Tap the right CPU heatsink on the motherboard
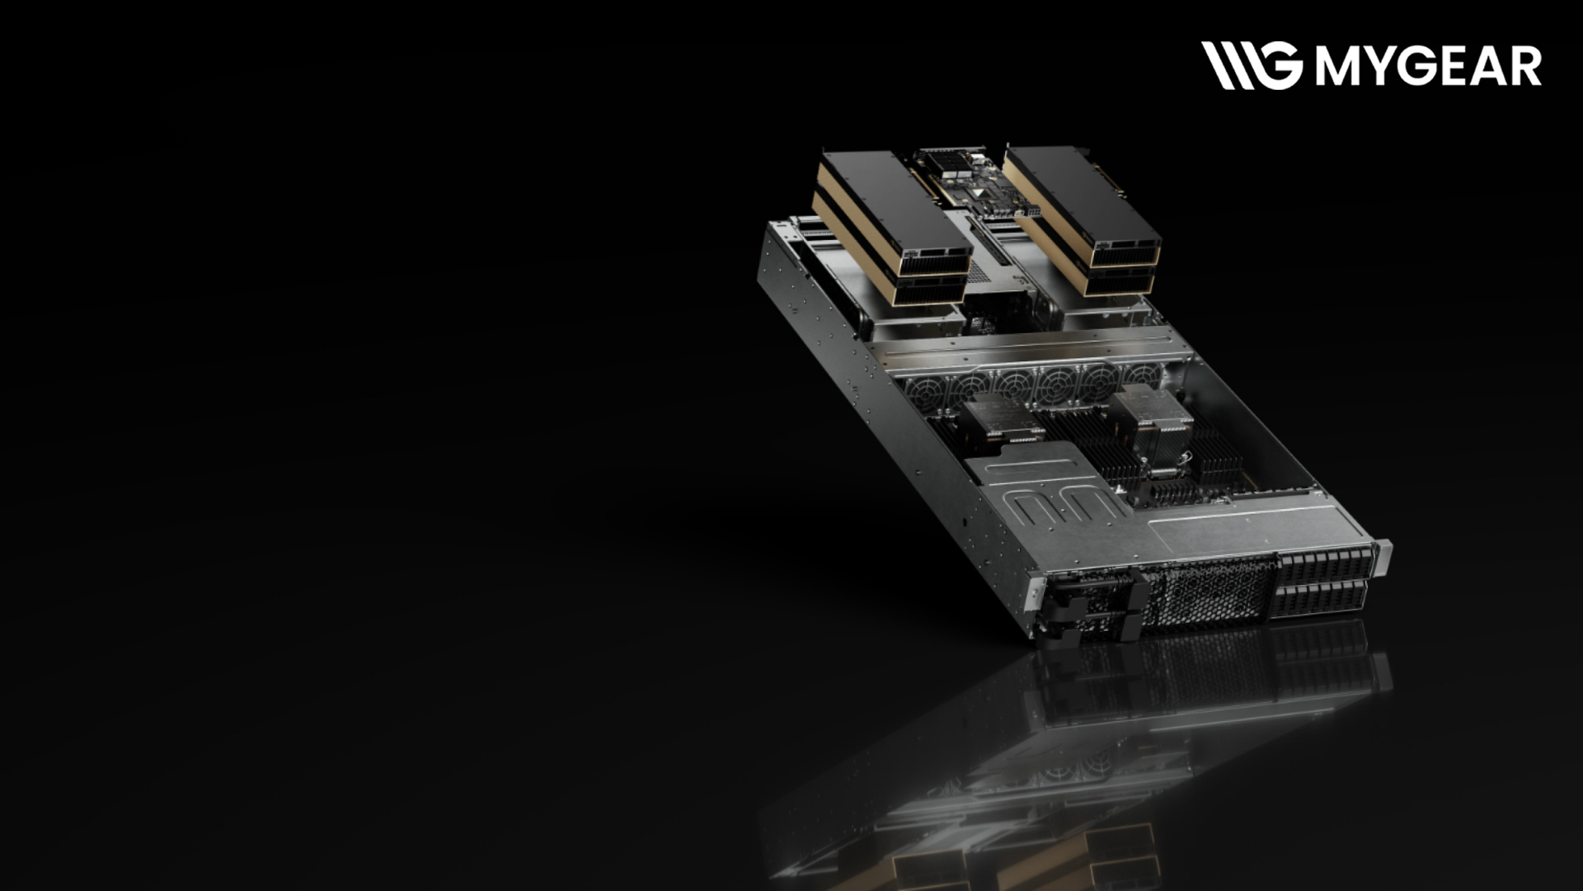point(1150,416)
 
